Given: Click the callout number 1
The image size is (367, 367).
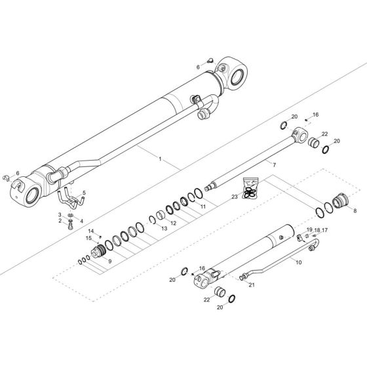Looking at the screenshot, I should (161, 159).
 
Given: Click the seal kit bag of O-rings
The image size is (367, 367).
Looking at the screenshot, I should (249, 188).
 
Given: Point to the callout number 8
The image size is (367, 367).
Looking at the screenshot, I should (355, 211).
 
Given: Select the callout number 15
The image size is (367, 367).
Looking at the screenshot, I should (89, 239).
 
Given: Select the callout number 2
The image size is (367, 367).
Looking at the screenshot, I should (60, 221).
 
